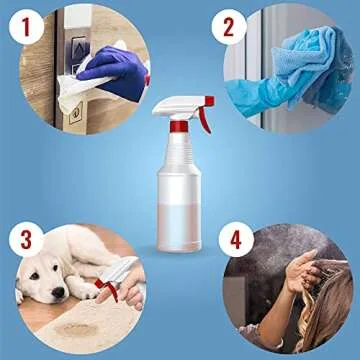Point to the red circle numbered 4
click(235, 241)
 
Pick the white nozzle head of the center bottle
click(170, 107)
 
